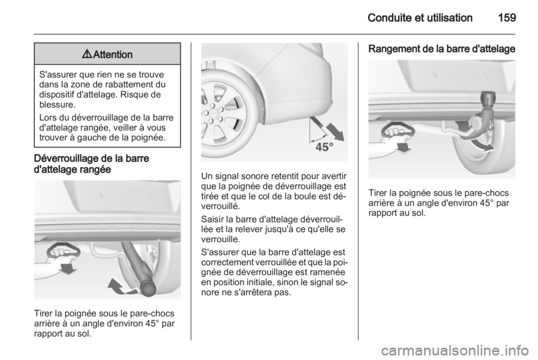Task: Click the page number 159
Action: click(x=507, y=17)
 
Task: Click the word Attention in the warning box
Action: click(x=113, y=54)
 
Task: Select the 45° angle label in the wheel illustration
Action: click(x=324, y=147)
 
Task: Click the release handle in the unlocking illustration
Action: click(x=63, y=252)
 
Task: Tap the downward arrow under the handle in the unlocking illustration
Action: click(x=68, y=269)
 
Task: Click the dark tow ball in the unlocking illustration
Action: click(x=148, y=288)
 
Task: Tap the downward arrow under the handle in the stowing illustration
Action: click(x=404, y=147)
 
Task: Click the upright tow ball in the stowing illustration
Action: click(x=489, y=98)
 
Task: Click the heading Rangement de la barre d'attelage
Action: click(x=442, y=49)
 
